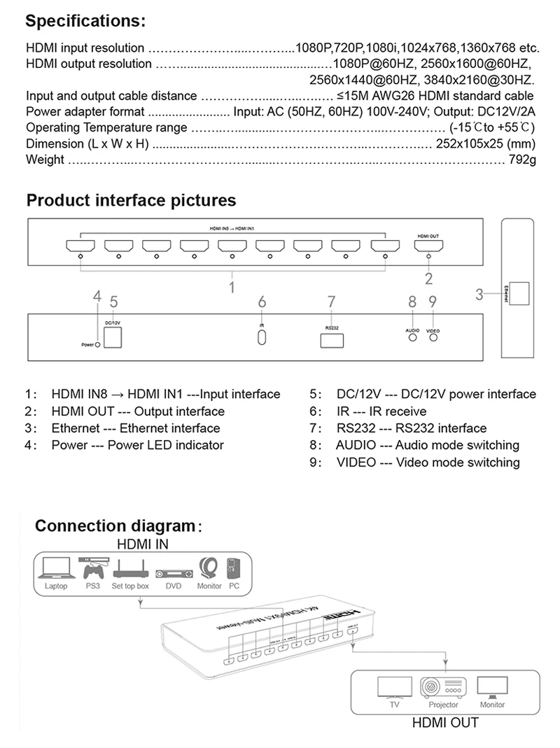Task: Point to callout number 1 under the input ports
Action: click(x=232, y=285)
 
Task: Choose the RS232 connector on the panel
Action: click(x=332, y=341)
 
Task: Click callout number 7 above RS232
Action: click(x=332, y=302)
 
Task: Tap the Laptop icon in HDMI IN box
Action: click(x=57, y=567)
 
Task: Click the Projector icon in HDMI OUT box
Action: click(x=443, y=687)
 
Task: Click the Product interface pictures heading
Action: click(x=131, y=201)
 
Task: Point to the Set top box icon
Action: click(x=130, y=567)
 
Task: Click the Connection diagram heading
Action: click(x=114, y=525)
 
